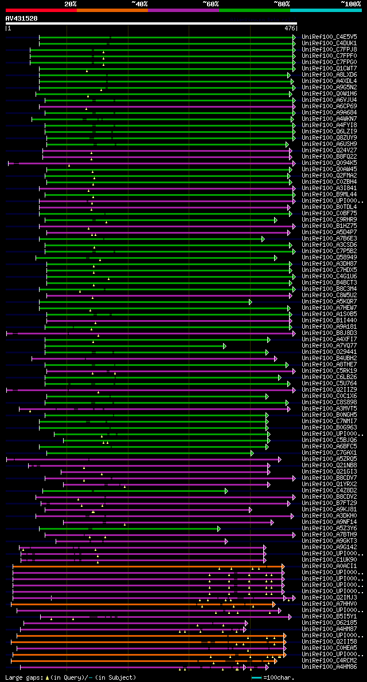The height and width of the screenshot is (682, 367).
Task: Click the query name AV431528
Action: click(21, 18)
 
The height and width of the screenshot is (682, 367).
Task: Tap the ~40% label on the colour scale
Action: click(139, 4)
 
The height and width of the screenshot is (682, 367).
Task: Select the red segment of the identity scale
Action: click(41, 10)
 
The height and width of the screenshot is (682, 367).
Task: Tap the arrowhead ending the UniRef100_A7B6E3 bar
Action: click(263, 239)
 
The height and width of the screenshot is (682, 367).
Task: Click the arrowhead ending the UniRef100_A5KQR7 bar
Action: click(251, 302)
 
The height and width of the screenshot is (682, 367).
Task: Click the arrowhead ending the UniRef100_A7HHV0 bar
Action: click(274, 604)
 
